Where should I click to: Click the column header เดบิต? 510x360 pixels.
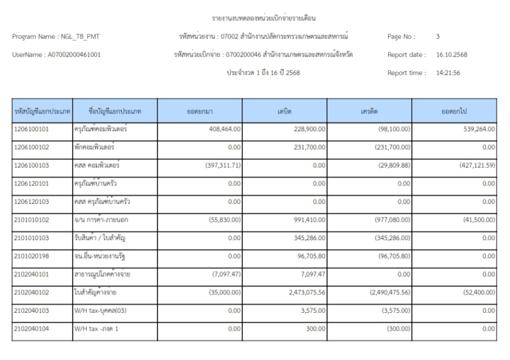[x=285, y=112]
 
